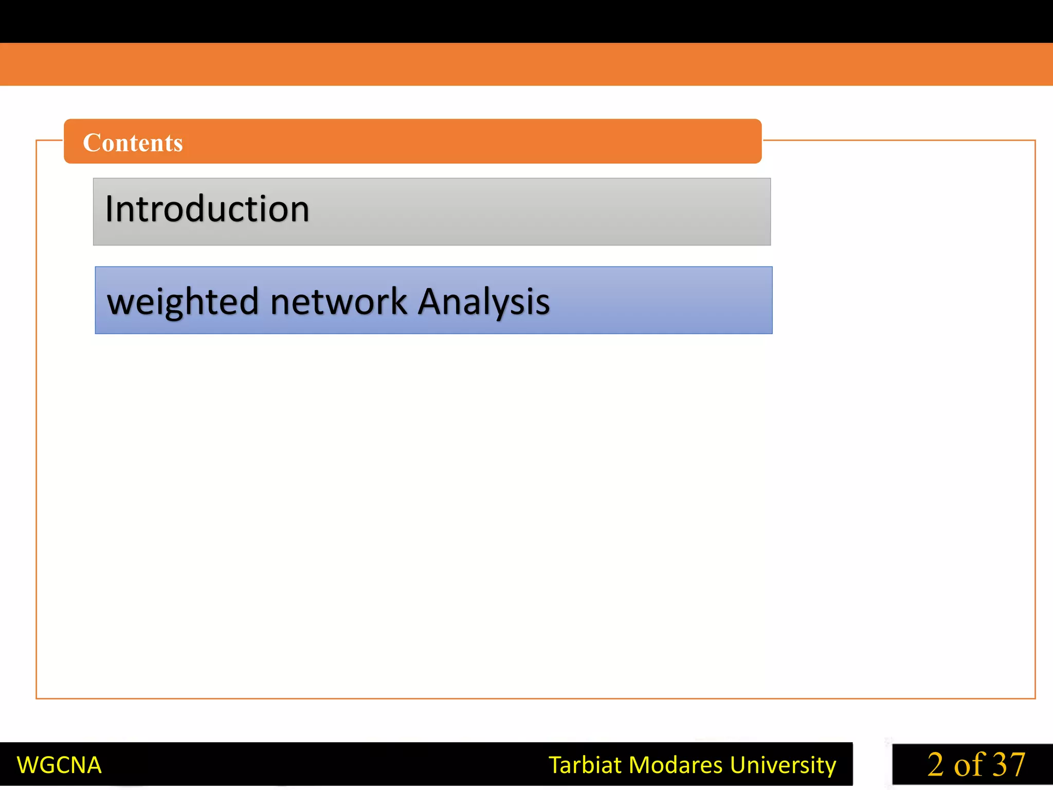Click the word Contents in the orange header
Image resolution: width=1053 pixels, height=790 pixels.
pos(133,142)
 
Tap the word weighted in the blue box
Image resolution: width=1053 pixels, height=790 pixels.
pos(183,302)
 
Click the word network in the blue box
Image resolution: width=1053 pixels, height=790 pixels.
pos(339,302)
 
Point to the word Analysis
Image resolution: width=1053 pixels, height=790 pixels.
pos(483,302)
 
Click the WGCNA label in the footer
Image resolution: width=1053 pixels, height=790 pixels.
pos(59,765)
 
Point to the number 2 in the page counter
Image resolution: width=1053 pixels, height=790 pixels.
pos(936,765)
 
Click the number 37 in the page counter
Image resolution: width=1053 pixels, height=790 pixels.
pos(1009,765)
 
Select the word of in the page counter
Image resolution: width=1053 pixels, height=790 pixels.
pos(970,765)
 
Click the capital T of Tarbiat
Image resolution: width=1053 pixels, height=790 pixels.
pos(555,765)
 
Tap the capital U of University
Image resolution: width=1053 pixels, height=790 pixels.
pos(739,765)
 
